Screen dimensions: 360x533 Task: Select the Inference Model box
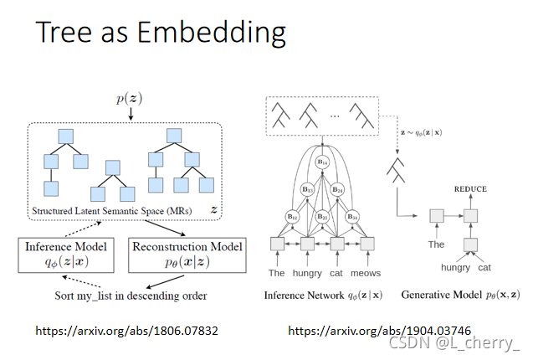pos(65,255)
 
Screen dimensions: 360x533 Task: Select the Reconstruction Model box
pos(187,255)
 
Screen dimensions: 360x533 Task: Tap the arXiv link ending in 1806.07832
pos(126,332)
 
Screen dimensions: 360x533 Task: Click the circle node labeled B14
pos(321,162)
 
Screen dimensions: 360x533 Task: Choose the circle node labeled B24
pos(339,189)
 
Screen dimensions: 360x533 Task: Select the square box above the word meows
pos(366,244)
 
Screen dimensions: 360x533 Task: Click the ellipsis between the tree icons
pos(333,111)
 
